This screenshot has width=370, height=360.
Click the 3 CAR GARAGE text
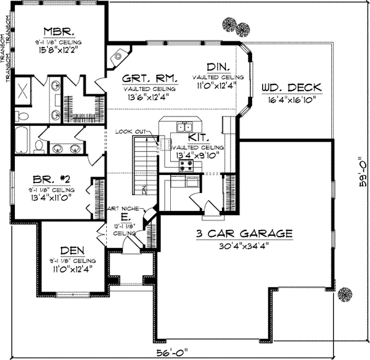tap(244, 234)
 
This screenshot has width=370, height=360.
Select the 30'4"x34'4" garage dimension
tap(244, 245)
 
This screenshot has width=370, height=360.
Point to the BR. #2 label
tap(53, 181)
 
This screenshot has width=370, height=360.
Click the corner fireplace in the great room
tap(117, 57)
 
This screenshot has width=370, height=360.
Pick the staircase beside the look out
tap(144, 164)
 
